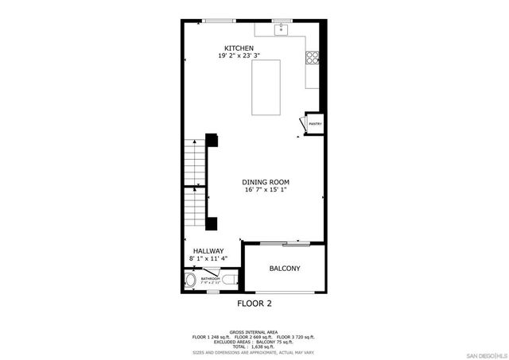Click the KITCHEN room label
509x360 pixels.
click(x=239, y=48)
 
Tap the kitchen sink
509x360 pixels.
click(x=281, y=29)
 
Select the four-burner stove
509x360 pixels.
click(x=313, y=57)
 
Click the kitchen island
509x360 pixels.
click(x=268, y=88)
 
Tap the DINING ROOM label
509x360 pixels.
click(x=266, y=182)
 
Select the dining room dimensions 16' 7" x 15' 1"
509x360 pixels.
click(x=266, y=191)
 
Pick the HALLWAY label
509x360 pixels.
click(x=207, y=251)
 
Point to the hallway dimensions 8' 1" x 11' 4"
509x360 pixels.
click(x=207, y=259)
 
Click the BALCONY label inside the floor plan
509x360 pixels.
click(x=284, y=269)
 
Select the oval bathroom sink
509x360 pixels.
click(x=192, y=281)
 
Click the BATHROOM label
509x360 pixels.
click(x=210, y=279)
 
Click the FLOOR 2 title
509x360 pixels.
click(x=254, y=304)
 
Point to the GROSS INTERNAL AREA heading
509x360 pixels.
click(x=254, y=332)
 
